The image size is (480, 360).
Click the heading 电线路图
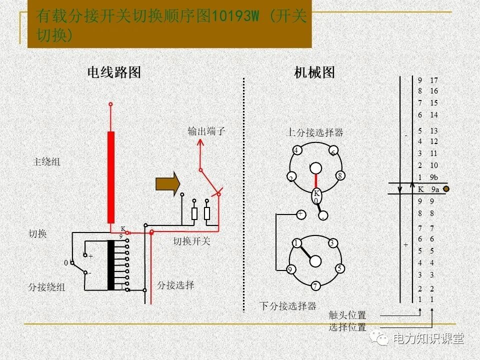coord(114,72)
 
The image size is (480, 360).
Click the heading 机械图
coord(314,72)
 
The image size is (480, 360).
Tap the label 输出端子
coord(206,132)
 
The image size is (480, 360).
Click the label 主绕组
coord(46,162)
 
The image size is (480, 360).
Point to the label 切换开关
coord(192,241)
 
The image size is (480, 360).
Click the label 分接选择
coord(175,285)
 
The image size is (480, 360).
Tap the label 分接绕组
coord(46,287)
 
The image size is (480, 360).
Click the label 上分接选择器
coord(314,132)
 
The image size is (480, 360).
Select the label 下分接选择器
coord(287,306)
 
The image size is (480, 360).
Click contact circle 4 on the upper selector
coord(296,150)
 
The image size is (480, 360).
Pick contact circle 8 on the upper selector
coord(339,175)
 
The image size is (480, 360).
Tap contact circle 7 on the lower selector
coord(315,286)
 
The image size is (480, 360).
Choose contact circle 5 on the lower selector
coord(339,268)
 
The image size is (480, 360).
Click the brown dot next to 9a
coord(446,189)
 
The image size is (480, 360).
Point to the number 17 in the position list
coord(433,80)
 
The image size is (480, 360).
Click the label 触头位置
coord(347,315)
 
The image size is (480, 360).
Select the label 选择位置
coord(347,327)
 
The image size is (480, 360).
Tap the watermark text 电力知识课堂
coord(428,339)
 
